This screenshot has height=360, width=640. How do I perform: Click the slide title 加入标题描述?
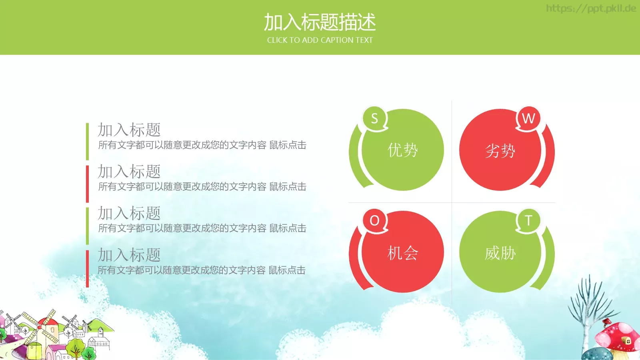pos(320,22)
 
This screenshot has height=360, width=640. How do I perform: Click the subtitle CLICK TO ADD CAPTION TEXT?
pos(320,40)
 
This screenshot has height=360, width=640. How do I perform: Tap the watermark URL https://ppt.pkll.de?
pos(591,8)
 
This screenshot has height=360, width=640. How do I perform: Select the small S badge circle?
pos(374,118)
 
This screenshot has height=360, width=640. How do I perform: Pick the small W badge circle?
pos(528,118)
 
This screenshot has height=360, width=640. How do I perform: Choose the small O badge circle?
pos(374,220)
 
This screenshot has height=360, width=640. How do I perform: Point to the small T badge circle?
pos(528,220)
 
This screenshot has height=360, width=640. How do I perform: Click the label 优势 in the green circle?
pos(403,150)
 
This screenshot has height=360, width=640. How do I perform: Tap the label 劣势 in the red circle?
pos(500,151)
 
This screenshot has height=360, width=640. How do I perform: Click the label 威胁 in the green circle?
pos(500,253)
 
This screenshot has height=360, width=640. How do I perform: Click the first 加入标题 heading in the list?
pos(129,130)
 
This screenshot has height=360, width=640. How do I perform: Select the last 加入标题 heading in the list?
pos(129,255)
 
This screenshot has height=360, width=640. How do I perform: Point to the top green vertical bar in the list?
pos(87,141)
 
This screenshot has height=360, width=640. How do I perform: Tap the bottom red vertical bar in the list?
pos(87,269)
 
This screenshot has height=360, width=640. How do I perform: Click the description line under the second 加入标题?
pos(202,187)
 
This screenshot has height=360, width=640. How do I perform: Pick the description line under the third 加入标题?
pos(202,228)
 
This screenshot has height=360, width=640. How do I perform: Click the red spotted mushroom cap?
pos(616,334)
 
